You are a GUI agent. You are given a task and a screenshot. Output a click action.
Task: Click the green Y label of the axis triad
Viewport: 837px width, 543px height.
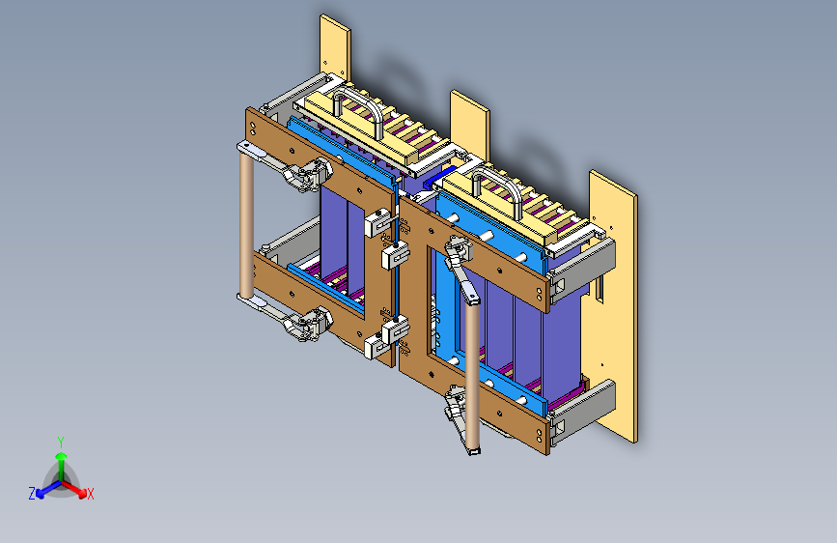(x=60, y=441)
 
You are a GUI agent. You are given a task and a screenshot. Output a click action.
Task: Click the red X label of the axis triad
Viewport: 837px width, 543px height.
(x=91, y=495)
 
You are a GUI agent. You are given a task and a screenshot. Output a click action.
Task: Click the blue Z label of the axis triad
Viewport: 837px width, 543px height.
(x=32, y=493)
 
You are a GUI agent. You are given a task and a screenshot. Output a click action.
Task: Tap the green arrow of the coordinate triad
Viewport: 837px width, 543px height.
(x=60, y=460)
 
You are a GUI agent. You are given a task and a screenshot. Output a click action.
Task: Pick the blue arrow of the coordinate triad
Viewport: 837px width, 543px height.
(x=44, y=488)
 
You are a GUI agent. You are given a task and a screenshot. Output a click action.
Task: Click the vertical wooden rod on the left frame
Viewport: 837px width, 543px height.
(x=246, y=227)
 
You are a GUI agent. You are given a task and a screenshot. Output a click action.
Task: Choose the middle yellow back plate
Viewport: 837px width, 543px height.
(x=470, y=121)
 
